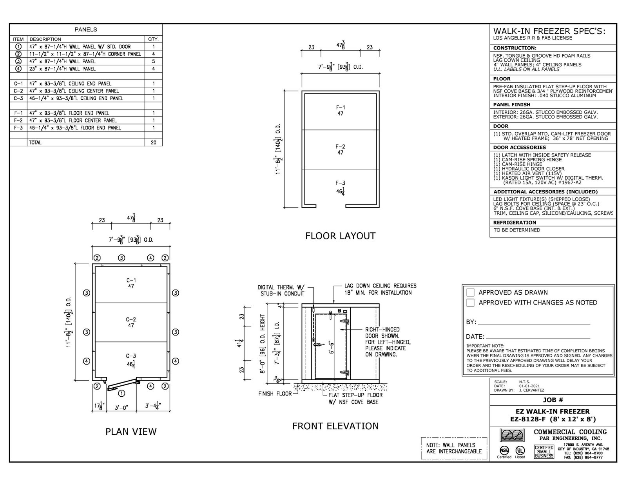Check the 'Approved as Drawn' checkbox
[x=471, y=292]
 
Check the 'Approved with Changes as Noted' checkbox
[x=471, y=303]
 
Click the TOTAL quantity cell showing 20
[x=153, y=142]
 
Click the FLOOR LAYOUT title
[x=340, y=236]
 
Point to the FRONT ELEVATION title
[x=335, y=426]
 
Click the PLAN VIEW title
[x=131, y=432]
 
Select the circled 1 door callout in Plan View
[x=121, y=393]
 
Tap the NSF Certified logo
[x=504, y=450]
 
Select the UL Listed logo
[x=520, y=450]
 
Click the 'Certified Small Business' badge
[x=544, y=452]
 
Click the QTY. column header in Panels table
[x=153, y=39]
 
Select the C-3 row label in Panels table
[x=18, y=98]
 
